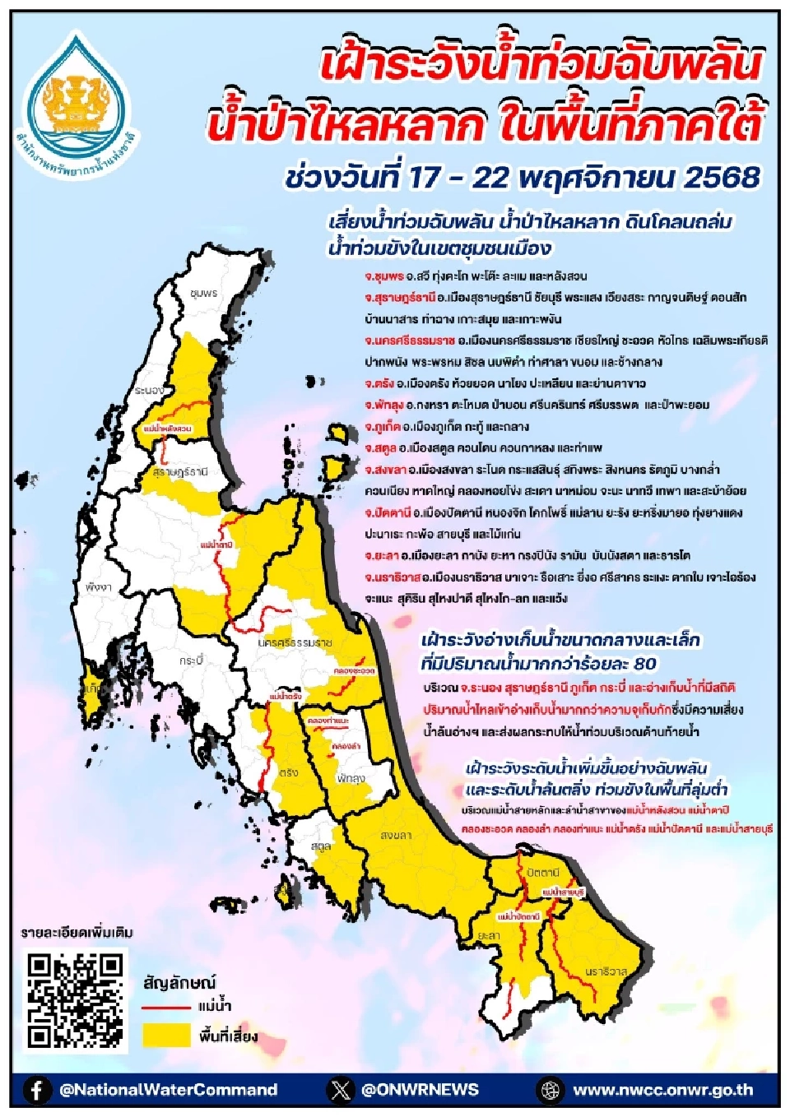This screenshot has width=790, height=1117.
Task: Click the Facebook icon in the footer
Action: [36, 1090]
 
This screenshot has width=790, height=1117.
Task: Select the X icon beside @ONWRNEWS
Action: [340, 1090]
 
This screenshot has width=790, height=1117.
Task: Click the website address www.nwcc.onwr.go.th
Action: [662, 1090]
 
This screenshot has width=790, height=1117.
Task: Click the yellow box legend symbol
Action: [166, 1035]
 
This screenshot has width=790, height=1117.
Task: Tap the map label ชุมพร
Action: [203, 293]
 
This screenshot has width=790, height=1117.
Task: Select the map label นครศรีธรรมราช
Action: [294, 642]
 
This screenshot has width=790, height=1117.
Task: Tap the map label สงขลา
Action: [396, 835]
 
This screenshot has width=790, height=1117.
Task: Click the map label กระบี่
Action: [191, 660]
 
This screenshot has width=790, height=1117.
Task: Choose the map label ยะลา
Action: [489, 935]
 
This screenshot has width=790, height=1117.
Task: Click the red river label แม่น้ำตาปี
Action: [216, 545]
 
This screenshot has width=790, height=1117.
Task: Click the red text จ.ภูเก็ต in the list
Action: [383, 427]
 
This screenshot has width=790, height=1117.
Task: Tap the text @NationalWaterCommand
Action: [168, 1090]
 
